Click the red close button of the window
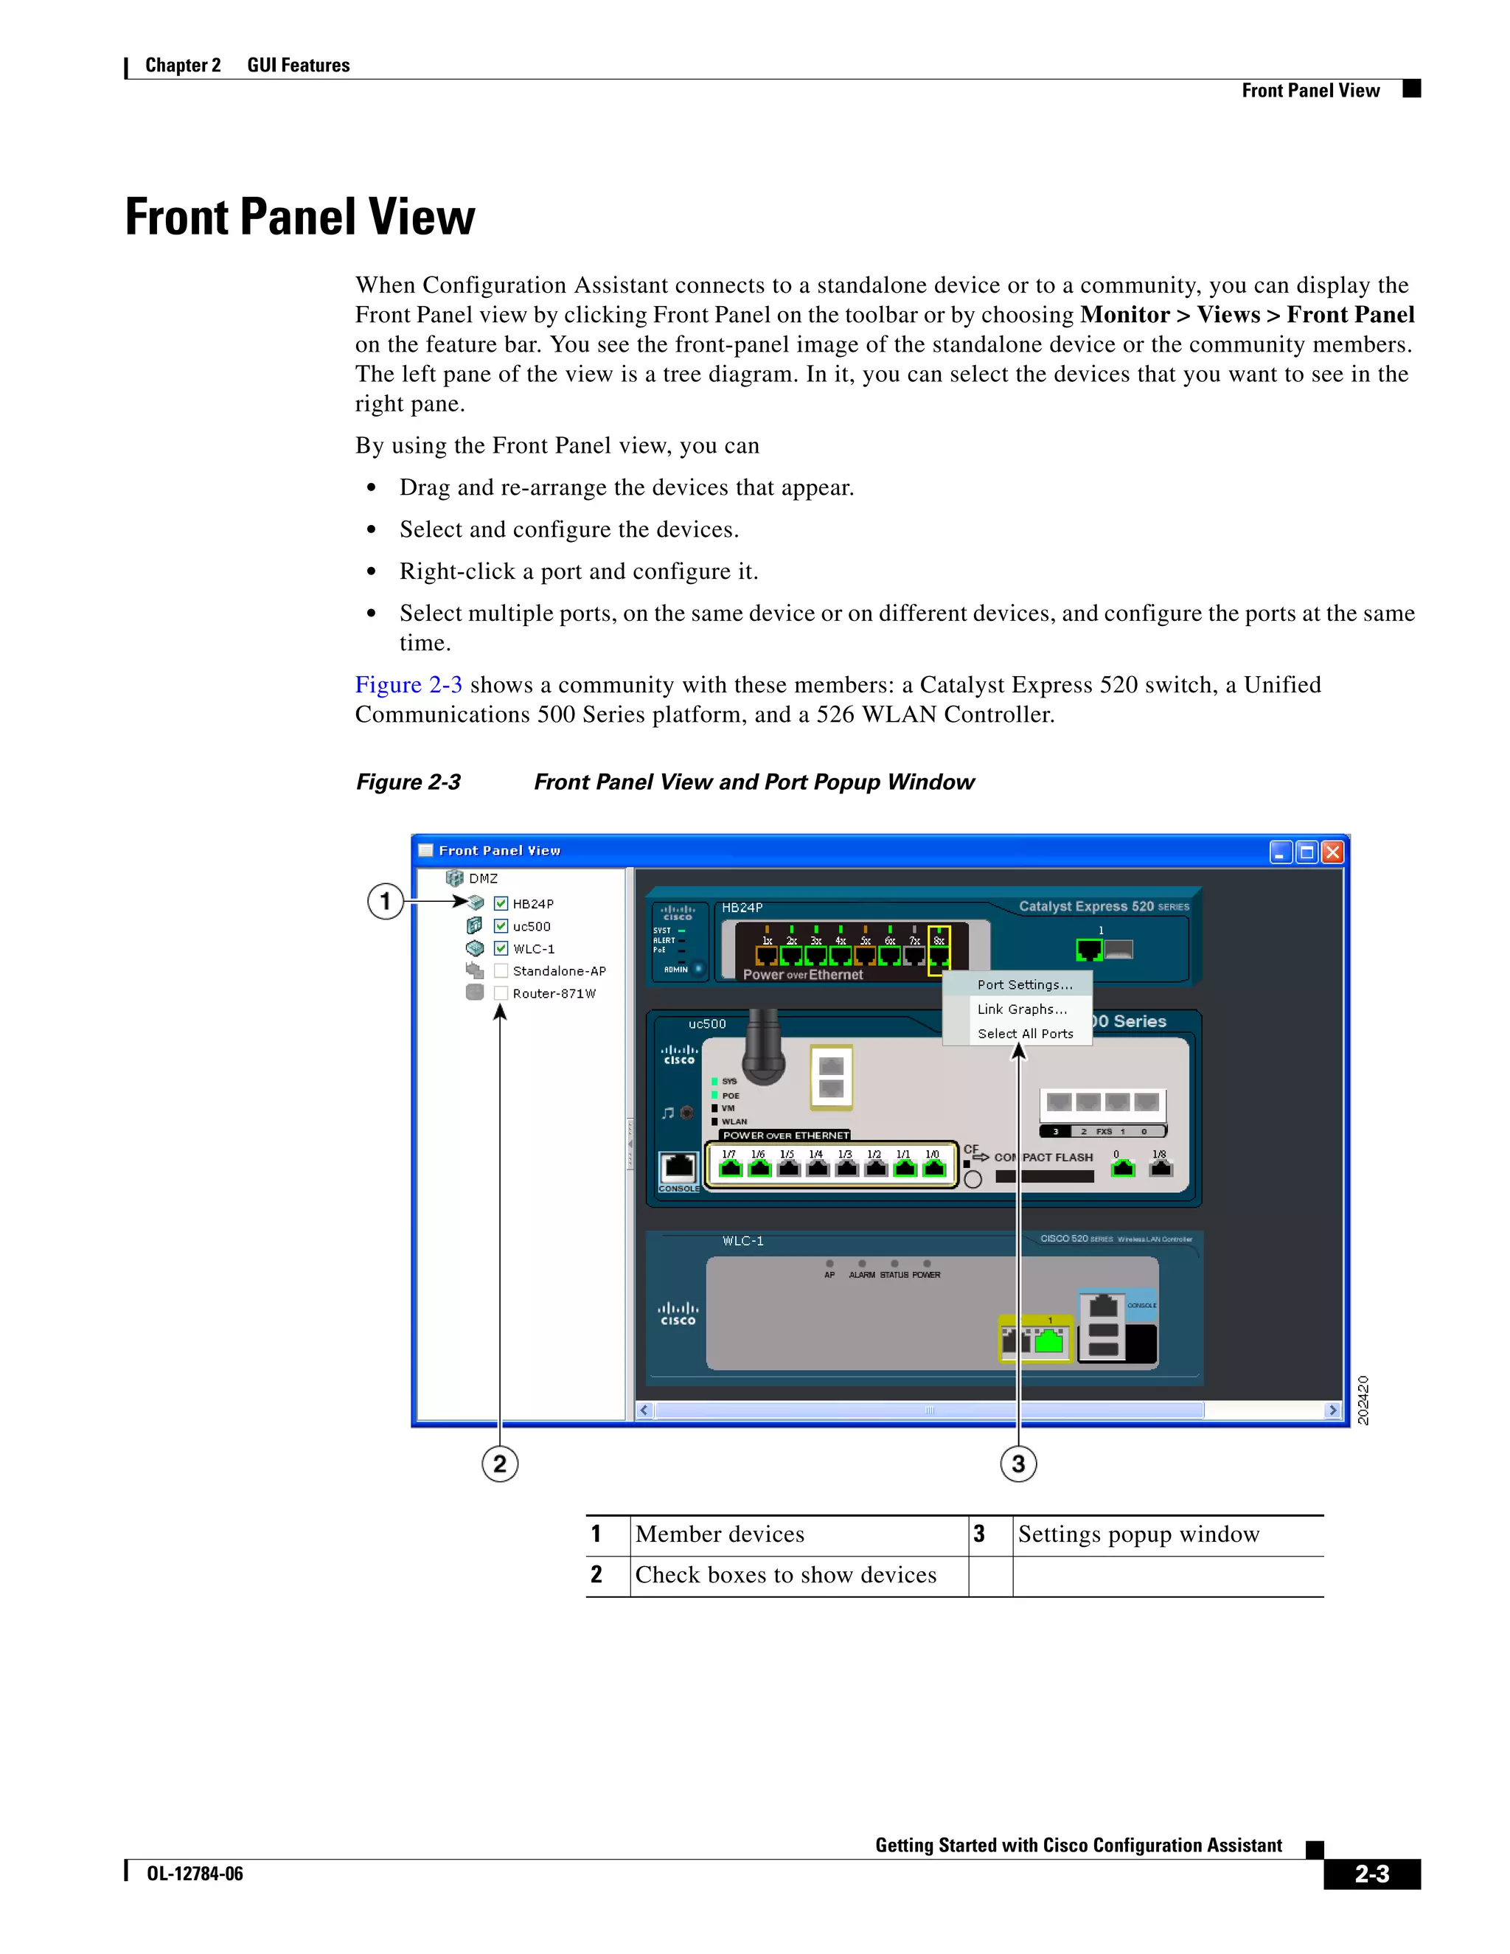point(1332,852)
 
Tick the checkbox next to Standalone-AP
point(501,971)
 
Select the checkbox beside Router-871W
point(501,993)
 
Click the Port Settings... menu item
point(1024,984)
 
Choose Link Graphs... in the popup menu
point(1022,1009)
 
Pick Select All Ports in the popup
point(1025,1033)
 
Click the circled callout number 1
point(386,901)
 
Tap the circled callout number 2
point(500,1464)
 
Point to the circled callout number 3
point(1018,1464)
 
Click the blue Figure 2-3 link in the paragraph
point(408,684)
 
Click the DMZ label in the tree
point(483,879)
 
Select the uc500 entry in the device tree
point(532,927)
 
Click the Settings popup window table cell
point(1138,1534)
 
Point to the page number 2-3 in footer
point(1371,1874)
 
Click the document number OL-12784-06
point(195,1874)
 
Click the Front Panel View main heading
point(299,218)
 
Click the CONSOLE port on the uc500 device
point(679,1167)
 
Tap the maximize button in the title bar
point(1307,852)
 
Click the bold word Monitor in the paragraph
point(1124,315)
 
